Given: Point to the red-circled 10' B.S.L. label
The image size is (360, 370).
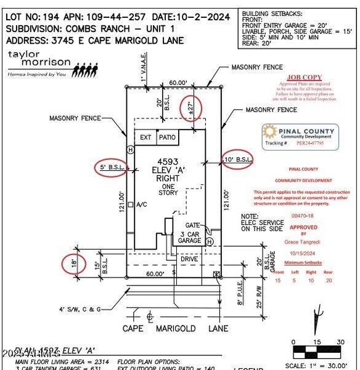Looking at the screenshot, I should (x=237, y=160).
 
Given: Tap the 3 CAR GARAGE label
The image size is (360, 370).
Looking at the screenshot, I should (x=190, y=237).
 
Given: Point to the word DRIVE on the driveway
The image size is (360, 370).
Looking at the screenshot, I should (x=189, y=259).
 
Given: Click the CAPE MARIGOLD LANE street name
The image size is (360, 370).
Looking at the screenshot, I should (x=175, y=329).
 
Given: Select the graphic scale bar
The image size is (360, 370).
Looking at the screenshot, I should (x=317, y=353).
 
